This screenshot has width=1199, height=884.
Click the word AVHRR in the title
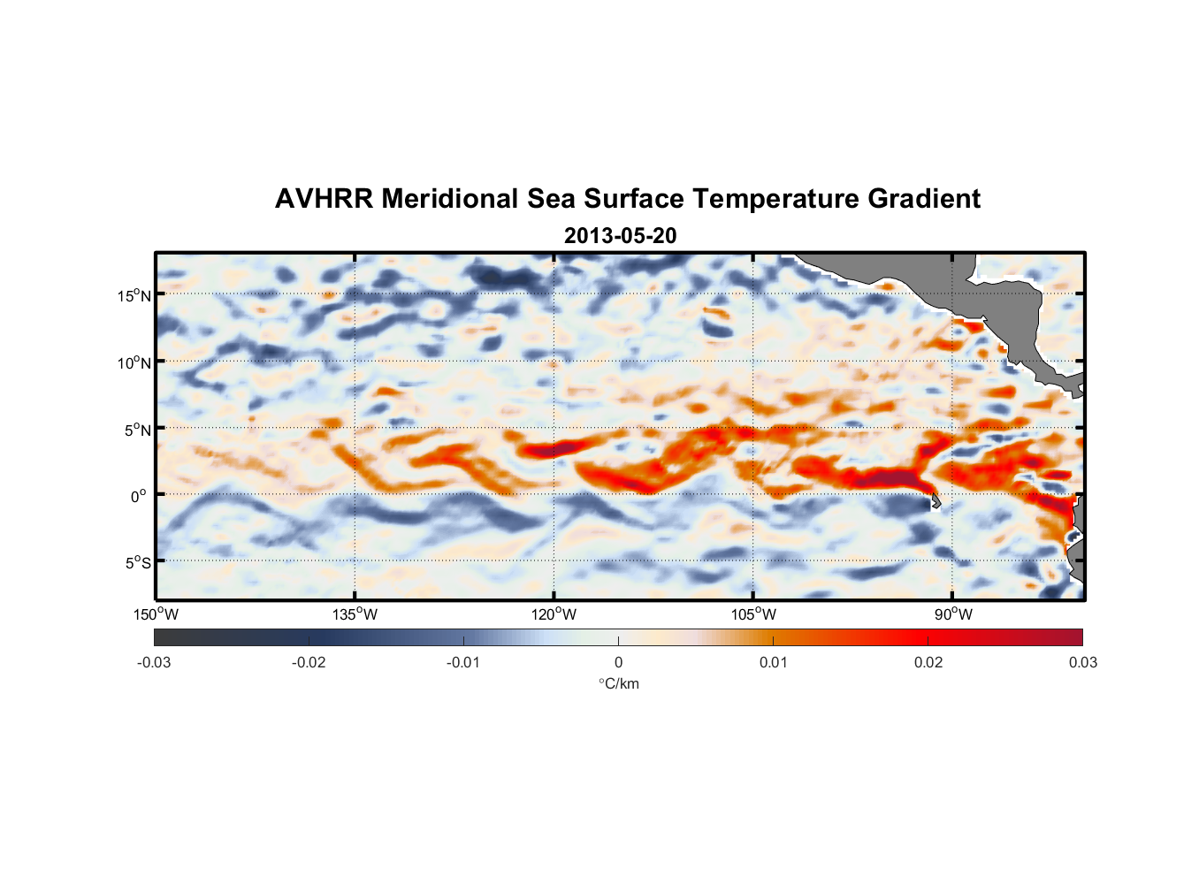324,199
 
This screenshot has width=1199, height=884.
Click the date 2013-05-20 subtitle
620,236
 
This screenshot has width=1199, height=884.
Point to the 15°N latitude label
134,295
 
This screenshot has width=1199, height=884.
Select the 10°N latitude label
134,362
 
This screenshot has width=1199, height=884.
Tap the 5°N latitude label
138,430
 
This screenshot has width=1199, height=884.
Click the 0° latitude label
139,496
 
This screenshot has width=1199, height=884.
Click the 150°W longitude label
157,614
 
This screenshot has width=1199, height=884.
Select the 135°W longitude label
355,614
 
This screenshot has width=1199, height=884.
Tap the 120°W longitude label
554,614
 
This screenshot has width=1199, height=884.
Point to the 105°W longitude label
753,614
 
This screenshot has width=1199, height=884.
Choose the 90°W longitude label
953,614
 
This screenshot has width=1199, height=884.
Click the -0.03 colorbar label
154,662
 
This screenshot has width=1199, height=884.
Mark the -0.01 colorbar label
463,662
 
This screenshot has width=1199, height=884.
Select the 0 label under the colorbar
618,662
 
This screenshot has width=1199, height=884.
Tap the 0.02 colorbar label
928,662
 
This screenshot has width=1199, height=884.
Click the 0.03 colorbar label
1082,662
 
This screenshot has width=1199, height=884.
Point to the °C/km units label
619,683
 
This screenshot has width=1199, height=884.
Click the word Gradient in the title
924,199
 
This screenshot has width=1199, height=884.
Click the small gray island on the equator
936,501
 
